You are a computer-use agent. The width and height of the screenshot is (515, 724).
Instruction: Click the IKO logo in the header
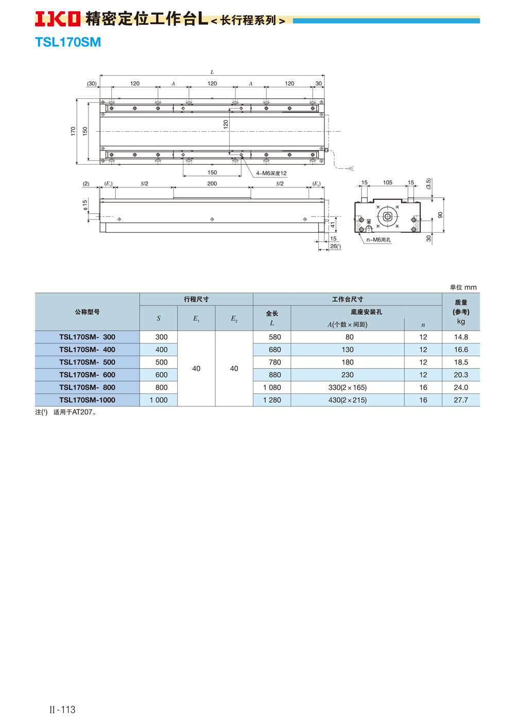[58, 19]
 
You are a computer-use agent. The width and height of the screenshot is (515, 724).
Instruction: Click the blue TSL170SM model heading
[68, 42]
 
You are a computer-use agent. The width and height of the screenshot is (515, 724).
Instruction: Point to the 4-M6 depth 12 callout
[271, 173]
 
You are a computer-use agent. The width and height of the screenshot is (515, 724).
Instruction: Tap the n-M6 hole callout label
[379, 240]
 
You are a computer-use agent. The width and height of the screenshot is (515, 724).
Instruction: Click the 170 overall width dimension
[73, 131]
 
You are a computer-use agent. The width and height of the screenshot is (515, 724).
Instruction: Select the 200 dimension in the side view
[212, 184]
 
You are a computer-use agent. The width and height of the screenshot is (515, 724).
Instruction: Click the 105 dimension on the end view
[388, 183]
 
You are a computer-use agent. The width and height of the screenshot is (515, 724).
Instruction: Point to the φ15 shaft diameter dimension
[84, 205]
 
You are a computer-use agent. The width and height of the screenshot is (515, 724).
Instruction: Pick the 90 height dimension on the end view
[440, 215]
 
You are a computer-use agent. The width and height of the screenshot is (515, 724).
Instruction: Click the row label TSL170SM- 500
[87, 363]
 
